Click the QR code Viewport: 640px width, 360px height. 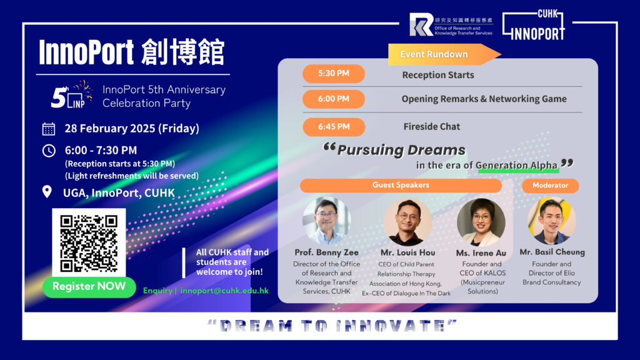(89, 243)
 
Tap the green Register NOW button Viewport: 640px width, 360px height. (89, 286)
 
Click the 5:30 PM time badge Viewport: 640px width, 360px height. (334, 74)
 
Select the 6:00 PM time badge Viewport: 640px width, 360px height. (334, 99)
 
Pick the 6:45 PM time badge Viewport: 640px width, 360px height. (334, 127)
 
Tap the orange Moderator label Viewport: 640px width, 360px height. (550, 185)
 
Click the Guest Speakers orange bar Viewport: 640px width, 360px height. (401, 185)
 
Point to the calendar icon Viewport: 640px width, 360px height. (49, 129)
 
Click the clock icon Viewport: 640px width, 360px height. (49, 151)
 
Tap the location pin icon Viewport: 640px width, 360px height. (47, 192)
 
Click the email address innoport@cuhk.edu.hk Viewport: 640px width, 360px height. (224, 291)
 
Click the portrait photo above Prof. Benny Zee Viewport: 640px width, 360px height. (326, 221)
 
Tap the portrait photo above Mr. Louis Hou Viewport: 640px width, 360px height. (407, 222)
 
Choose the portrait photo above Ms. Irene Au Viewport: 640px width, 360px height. (481, 222)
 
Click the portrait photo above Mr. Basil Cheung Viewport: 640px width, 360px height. (551, 221)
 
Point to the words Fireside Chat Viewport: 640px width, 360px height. (432, 126)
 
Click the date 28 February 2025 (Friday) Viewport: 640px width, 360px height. (132, 129)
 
